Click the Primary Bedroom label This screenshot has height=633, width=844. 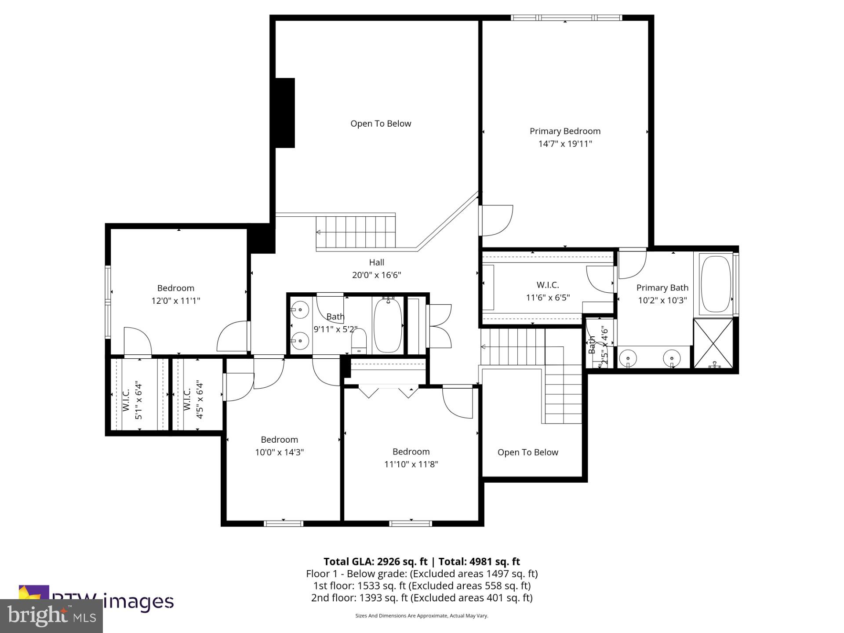(565, 131)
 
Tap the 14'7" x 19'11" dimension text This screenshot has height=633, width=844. (565, 144)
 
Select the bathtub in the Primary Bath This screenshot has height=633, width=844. (716, 284)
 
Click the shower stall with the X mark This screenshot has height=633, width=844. (713, 343)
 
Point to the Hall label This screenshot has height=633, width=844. (377, 262)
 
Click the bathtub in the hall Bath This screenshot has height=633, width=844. (388, 325)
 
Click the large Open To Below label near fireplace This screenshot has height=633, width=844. (381, 124)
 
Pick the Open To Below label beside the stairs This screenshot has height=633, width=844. (527, 452)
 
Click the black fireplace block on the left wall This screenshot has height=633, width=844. (285, 113)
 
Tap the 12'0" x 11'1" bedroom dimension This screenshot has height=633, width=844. (176, 301)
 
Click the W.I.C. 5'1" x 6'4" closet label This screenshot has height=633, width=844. (132, 400)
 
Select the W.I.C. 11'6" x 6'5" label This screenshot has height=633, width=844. (548, 291)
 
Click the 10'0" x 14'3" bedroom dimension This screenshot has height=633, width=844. (280, 452)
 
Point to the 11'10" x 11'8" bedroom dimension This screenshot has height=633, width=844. (411, 464)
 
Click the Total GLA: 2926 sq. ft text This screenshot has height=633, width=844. (375, 561)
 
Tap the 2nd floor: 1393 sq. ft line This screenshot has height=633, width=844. (422, 598)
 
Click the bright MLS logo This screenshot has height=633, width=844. (51, 616)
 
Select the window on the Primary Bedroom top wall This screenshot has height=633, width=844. (566, 18)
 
